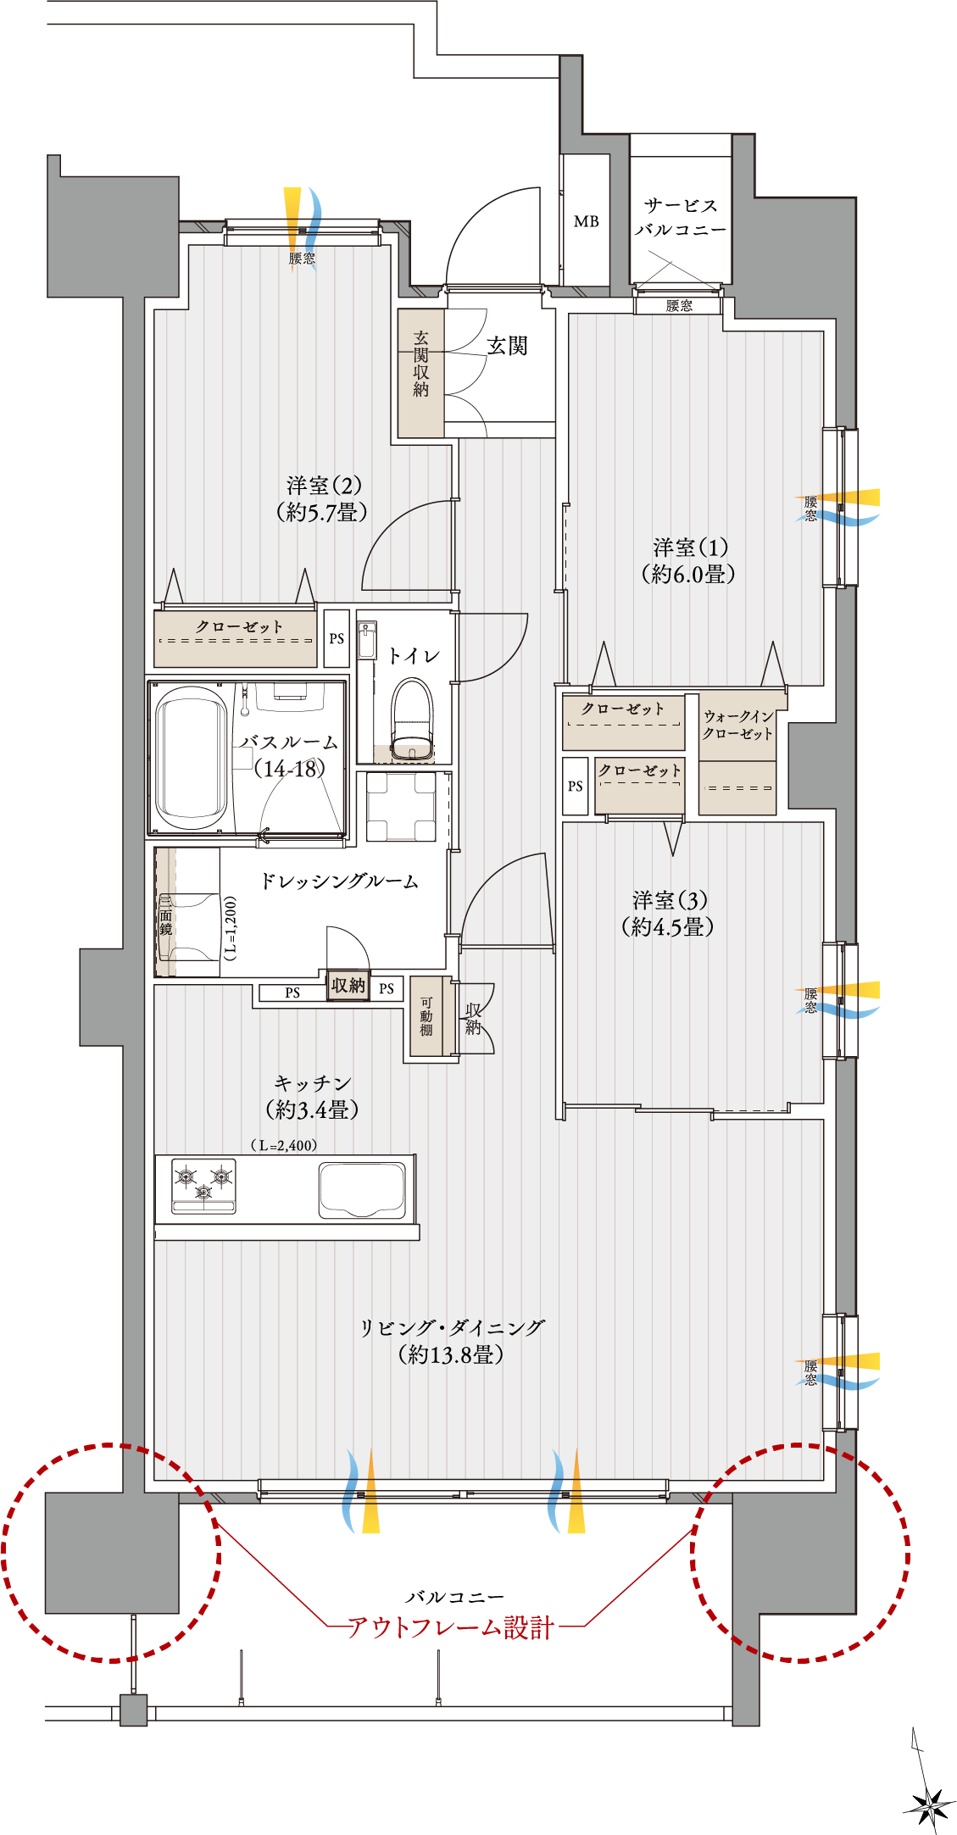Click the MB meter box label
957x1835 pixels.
[586, 221]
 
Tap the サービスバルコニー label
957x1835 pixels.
[681, 217]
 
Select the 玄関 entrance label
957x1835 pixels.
[507, 345]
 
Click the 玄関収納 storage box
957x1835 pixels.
[421, 373]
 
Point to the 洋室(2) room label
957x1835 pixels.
[323, 498]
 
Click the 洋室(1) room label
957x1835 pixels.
[689, 560]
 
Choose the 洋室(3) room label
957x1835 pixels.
[668, 913]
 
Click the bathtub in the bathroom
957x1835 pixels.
[192, 757]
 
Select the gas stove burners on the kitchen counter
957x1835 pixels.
[203, 1185]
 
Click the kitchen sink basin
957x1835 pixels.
[362, 1189]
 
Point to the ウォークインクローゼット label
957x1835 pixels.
[738, 725]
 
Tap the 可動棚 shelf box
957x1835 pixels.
[426, 1016]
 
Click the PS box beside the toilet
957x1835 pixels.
[337, 638]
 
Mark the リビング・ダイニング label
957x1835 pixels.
[452, 1341]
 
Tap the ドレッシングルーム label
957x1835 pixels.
[339, 881]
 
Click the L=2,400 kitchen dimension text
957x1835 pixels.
[284, 1145]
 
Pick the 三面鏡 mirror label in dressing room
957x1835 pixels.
[165, 915]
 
